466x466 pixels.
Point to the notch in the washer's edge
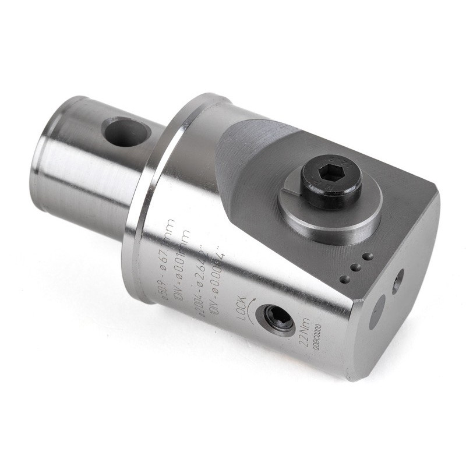coord(290,189)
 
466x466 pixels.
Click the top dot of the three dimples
coord(367,256)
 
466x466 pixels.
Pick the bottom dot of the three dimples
coord(345,279)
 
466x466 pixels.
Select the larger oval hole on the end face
coord(377,312)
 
